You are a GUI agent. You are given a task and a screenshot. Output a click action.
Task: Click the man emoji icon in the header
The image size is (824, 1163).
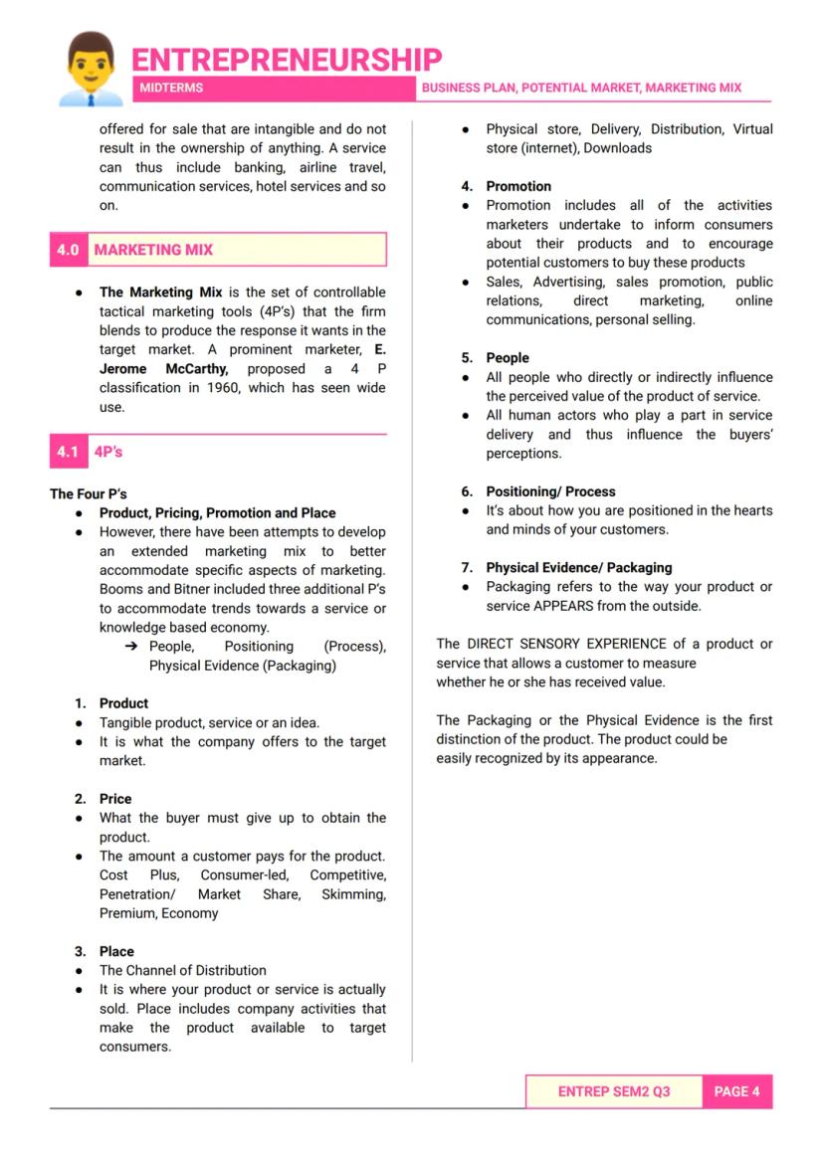tap(91, 69)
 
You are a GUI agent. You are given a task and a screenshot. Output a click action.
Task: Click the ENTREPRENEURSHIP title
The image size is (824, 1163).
tap(287, 59)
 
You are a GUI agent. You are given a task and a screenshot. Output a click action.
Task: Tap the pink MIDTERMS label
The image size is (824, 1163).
tap(170, 88)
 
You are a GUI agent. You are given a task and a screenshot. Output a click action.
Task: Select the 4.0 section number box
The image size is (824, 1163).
tap(68, 250)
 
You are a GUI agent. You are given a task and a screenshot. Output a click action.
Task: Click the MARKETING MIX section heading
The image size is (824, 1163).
tap(153, 250)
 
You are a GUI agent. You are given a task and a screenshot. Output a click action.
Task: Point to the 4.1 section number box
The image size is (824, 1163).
tap(68, 452)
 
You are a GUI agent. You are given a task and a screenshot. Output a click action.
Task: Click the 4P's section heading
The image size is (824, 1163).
tap(108, 452)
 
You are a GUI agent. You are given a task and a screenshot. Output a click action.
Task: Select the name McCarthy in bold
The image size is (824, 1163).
tap(197, 368)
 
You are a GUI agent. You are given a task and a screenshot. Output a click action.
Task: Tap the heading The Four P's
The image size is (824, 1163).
tap(89, 493)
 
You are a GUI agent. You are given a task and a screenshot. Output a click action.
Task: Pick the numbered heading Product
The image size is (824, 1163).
tap(123, 703)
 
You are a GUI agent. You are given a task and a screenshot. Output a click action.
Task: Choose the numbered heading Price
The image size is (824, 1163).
tap(115, 799)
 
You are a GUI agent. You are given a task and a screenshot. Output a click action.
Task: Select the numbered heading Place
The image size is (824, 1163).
tap(116, 951)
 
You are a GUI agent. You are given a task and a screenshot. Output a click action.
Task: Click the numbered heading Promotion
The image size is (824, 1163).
tap(517, 186)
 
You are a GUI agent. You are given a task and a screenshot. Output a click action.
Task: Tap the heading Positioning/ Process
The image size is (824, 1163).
tap(550, 491)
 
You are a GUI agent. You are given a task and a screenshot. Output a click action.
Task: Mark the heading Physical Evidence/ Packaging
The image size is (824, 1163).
tap(578, 568)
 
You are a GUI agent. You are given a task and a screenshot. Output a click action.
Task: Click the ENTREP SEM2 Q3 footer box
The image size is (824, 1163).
tap(613, 1091)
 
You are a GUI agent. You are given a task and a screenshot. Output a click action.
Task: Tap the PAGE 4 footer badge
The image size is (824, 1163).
tap(736, 1091)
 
